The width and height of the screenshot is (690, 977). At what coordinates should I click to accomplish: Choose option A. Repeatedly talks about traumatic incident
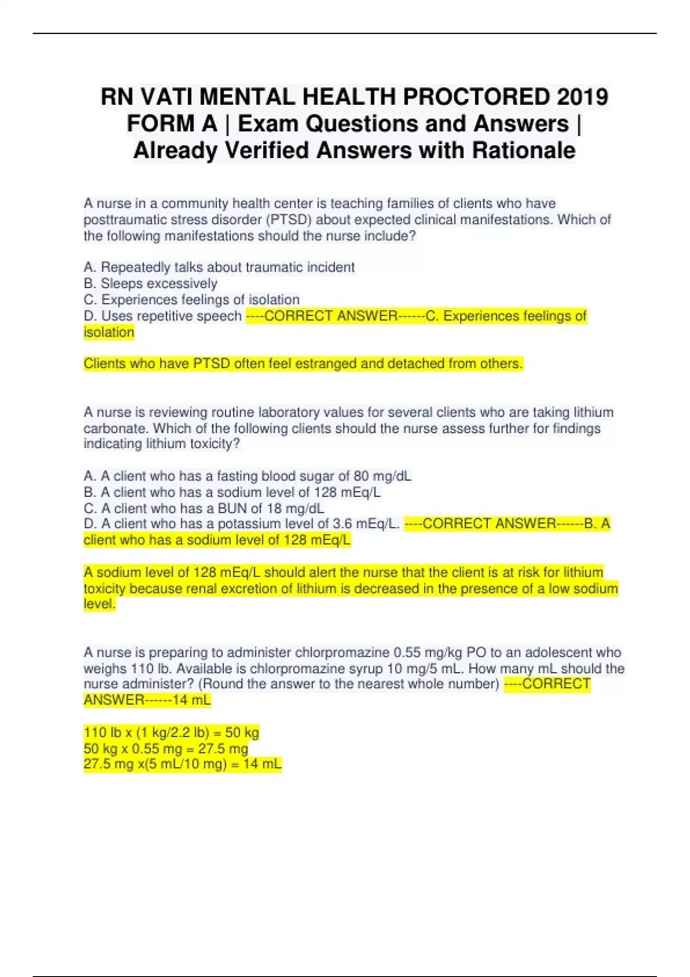click(x=219, y=267)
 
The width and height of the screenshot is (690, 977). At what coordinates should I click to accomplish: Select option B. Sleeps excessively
click(x=151, y=283)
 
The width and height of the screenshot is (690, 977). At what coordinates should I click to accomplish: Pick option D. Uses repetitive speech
click(x=163, y=316)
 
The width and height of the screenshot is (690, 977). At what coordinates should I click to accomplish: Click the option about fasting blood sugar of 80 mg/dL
click(x=247, y=476)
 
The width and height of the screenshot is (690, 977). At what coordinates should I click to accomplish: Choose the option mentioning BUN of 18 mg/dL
click(x=204, y=508)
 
